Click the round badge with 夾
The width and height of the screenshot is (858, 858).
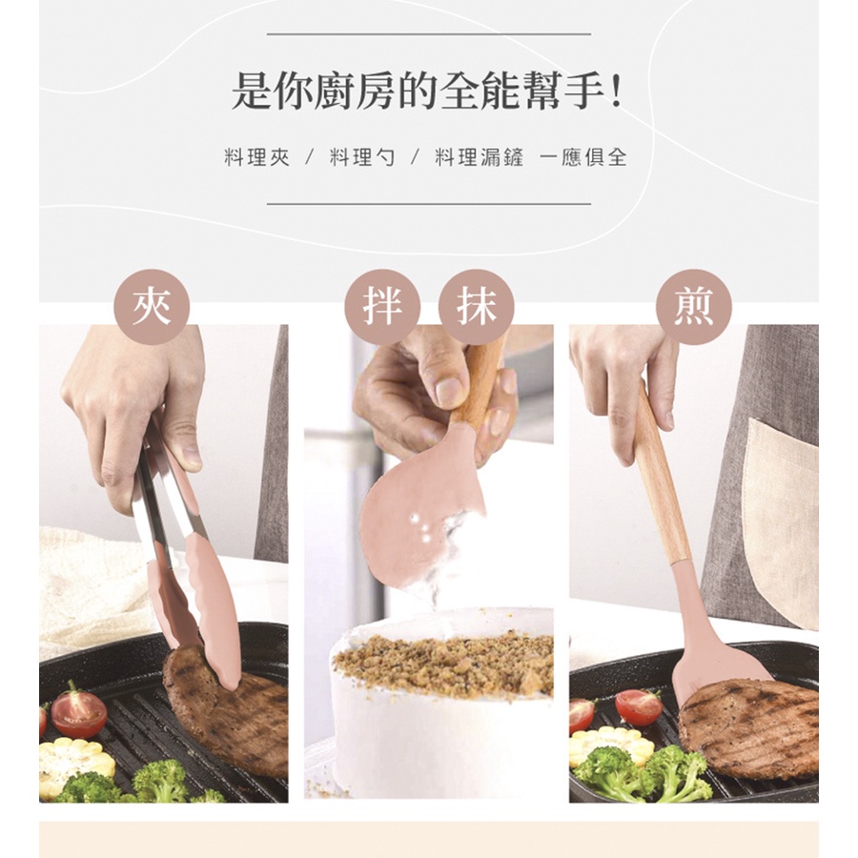[152, 307]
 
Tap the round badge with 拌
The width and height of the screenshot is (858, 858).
[382, 307]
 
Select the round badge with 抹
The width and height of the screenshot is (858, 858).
[477, 307]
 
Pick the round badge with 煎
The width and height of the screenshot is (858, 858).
[693, 307]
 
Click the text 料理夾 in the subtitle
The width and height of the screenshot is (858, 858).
[256, 157]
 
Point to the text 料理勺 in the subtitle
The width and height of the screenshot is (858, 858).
[361, 157]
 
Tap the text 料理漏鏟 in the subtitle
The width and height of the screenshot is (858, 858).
[479, 157]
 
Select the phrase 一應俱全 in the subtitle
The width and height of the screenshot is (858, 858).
[582, 157]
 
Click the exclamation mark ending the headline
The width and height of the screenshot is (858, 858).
[617, 93]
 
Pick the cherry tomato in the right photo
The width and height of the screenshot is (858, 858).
[639, 706]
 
